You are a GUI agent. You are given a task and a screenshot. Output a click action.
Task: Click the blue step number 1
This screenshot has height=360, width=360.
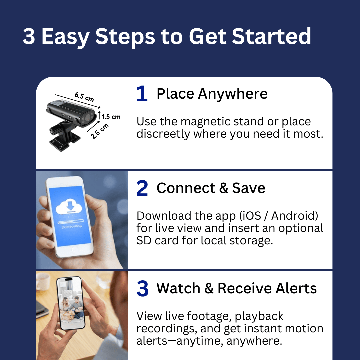tap(142, 94)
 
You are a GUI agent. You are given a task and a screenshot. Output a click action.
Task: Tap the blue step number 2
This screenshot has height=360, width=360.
tap(142, 188)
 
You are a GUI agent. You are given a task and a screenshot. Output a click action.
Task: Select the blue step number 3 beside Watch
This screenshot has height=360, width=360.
tap(142, 288)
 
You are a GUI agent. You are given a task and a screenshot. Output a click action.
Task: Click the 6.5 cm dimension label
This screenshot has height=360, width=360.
tap(84, 97)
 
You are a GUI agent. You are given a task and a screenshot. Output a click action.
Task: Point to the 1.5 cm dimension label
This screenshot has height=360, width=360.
tap(111, 117)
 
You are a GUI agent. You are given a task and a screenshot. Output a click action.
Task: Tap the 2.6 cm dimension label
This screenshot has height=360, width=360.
tap(100, 131)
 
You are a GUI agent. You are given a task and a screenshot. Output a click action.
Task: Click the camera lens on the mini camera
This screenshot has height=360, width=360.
tap(87, 118)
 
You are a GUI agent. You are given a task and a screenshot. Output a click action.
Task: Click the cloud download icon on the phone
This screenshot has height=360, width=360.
tap(69, 207)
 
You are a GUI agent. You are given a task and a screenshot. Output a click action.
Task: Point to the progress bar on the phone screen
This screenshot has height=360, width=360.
tap(71, 222)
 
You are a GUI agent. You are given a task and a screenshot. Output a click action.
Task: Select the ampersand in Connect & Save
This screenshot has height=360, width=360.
tap(224, 188)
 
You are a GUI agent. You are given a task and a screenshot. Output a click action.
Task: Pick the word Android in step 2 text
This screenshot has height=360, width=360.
tap(295, 216)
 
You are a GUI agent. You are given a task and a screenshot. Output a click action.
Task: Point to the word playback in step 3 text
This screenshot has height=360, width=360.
tap(259, 316)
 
